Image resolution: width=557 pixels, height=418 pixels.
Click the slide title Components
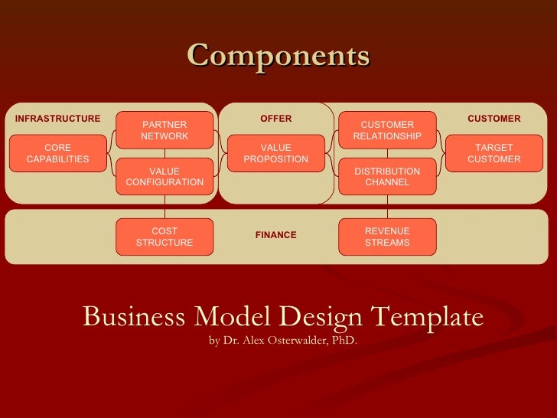tap(278, 56)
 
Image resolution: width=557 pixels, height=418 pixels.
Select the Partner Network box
tap(164, 130)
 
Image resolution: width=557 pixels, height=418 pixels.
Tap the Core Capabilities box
tap(57, 153)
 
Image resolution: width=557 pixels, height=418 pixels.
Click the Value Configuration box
tap(164, 176)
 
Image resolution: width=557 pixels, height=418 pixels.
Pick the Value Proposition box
tap(275, 153)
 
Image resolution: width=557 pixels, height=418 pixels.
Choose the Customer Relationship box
tap(387, 130)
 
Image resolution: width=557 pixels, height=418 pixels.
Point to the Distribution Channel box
tap(387, 176)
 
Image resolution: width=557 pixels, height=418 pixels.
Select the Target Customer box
tap(493, 153)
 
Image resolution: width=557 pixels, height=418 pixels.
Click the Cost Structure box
tap(164, 237)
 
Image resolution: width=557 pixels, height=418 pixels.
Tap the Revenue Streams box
tap(387, 237)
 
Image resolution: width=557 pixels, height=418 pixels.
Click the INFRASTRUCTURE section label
tap(57, 119)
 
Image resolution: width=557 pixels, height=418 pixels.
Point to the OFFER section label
tap(275, 119)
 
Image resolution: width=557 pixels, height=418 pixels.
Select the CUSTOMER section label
tap(493, 119)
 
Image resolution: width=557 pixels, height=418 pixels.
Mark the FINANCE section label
tap(275, 235)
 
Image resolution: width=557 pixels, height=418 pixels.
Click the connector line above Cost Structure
tap(164, 207)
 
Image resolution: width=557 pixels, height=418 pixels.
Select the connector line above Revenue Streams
tap(387, 207)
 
